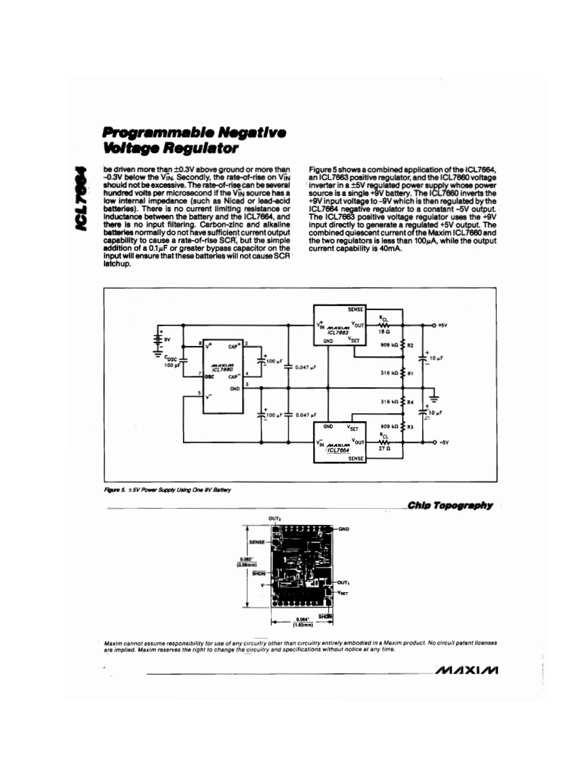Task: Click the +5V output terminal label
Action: (x=443, y=325)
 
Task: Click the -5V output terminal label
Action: (x=443, y=442)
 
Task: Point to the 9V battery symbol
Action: (x=160, y=337)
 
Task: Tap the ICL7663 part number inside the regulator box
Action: (x=337, y=333)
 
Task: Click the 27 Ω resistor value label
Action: (x=382, y=450)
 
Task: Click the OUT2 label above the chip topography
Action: (x=275, y=518)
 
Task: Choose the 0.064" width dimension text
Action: (x=302, y=618)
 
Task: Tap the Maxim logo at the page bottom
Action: (x=467, y=671)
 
